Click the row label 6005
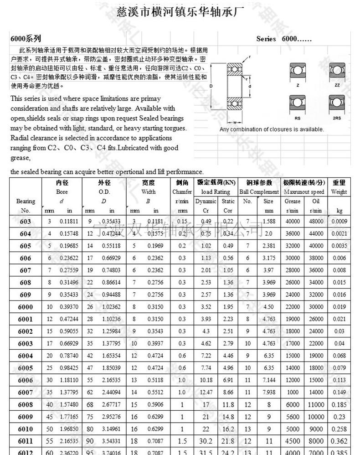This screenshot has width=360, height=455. click(x=26, y=367)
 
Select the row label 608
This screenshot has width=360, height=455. click(x=26, y=283)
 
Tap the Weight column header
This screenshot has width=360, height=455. click(x=339, y=192)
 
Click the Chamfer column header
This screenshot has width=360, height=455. click(x=182, y=192)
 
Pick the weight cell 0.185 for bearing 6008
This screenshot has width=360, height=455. click(x=339, y=404)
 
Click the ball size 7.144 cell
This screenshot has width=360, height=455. click(x=269, y=379)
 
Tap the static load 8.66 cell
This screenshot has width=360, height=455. click(x=228, y=392)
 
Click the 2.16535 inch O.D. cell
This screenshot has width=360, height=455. click(x=111, y=379)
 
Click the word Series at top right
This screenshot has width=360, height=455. click(x=266, y=39)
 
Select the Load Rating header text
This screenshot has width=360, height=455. click(x=216, y=192)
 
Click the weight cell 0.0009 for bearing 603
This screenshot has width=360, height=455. click(x=339, y=222)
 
